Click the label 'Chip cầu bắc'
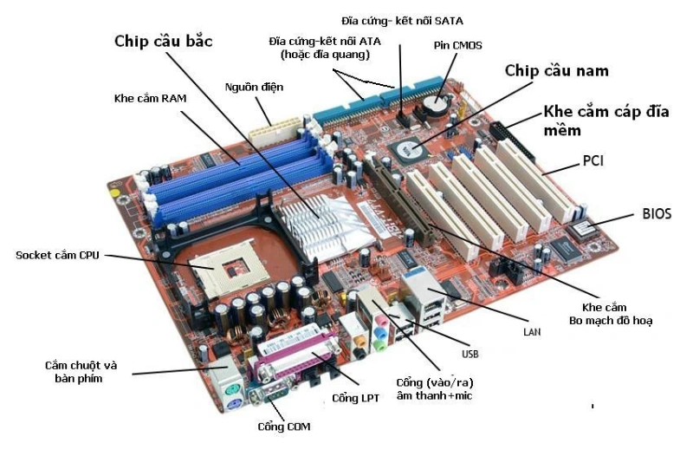[164, 41]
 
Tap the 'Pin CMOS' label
[457, 44]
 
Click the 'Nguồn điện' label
[254, 88]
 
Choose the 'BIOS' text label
[657, 212]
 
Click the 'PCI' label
[593, 160]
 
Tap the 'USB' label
[470, 354]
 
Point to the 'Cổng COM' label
[283, 426]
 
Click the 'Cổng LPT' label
[355, 398]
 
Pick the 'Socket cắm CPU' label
[59, 255]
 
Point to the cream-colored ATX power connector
[272, 130]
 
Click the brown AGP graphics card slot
[401, 199]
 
